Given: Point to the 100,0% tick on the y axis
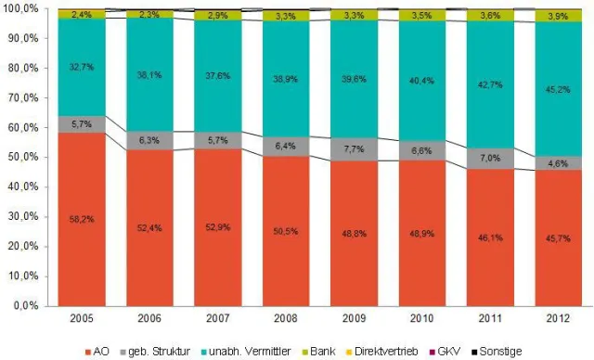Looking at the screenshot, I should coord(19,8).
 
